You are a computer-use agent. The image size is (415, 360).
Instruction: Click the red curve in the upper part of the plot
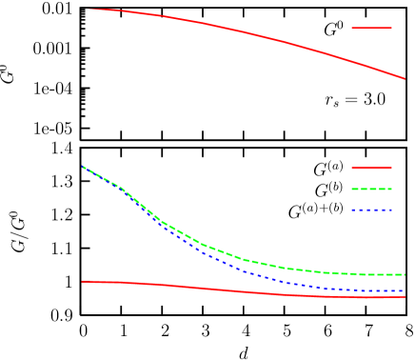click(247, 32)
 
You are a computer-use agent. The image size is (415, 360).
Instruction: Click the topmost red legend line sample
click(371, 28)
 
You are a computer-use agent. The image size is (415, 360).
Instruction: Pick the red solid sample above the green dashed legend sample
click(371, 168)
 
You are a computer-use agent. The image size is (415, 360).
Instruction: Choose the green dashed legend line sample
click(371, 189)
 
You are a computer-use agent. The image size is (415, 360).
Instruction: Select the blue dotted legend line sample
click(371, 210)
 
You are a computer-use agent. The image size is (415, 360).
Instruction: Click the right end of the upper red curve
click(405, 78)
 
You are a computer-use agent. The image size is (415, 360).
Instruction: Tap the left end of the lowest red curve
click(82, 281)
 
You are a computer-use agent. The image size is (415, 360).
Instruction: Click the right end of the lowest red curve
click(405, 296)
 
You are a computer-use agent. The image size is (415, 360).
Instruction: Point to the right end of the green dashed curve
click(405, 274)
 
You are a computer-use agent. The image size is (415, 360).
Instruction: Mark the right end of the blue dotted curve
click(405, 290)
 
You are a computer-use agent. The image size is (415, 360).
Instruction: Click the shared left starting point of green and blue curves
click(83, 167)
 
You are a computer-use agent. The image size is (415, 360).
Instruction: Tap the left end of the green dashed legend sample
click(352, 189)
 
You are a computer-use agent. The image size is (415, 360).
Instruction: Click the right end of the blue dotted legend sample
click(391, 210)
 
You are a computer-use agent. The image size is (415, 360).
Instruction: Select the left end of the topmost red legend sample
click(352, 28)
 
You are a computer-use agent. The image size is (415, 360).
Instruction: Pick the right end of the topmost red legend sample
click(391, 28)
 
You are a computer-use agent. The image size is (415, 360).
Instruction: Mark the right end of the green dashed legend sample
click(391, 189)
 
